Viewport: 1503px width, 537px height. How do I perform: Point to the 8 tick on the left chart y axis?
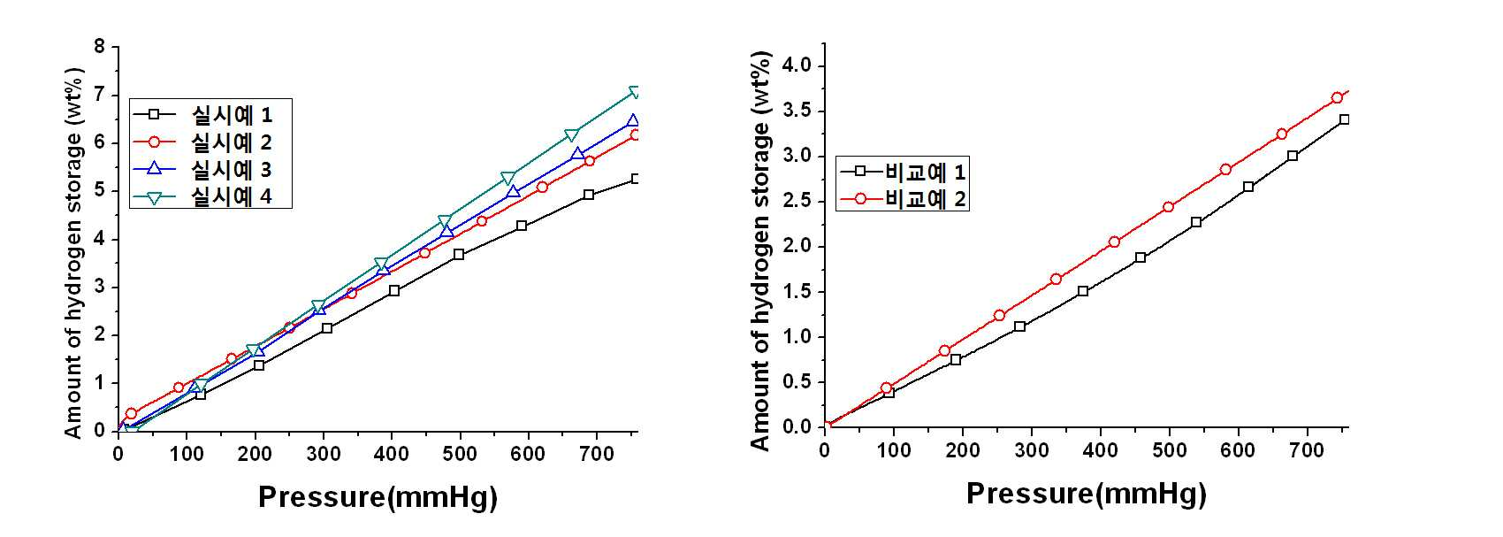click(x=100, y=47)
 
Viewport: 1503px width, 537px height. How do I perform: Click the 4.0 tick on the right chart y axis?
click(x=797, y=65)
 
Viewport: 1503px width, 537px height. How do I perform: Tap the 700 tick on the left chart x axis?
click(x=597, y=454)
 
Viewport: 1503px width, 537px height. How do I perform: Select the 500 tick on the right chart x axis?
click(x=1170, y=449)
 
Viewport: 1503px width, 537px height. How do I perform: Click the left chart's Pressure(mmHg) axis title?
click(x=378, y=497)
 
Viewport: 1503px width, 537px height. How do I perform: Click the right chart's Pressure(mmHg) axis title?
click(x=1087, y=494)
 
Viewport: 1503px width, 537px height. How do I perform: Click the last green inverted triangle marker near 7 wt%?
click(x=635, y=92)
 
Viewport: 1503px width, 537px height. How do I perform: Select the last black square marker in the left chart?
click(x=636, y=179)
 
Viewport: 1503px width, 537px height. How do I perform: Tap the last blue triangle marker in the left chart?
click(x=633, y=121)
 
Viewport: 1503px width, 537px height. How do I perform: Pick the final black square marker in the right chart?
click(x=1344, y=119)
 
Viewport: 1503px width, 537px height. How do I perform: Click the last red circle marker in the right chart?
click(x=1337, y=97)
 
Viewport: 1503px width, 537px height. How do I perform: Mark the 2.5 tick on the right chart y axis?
click(x=797, y=202)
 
